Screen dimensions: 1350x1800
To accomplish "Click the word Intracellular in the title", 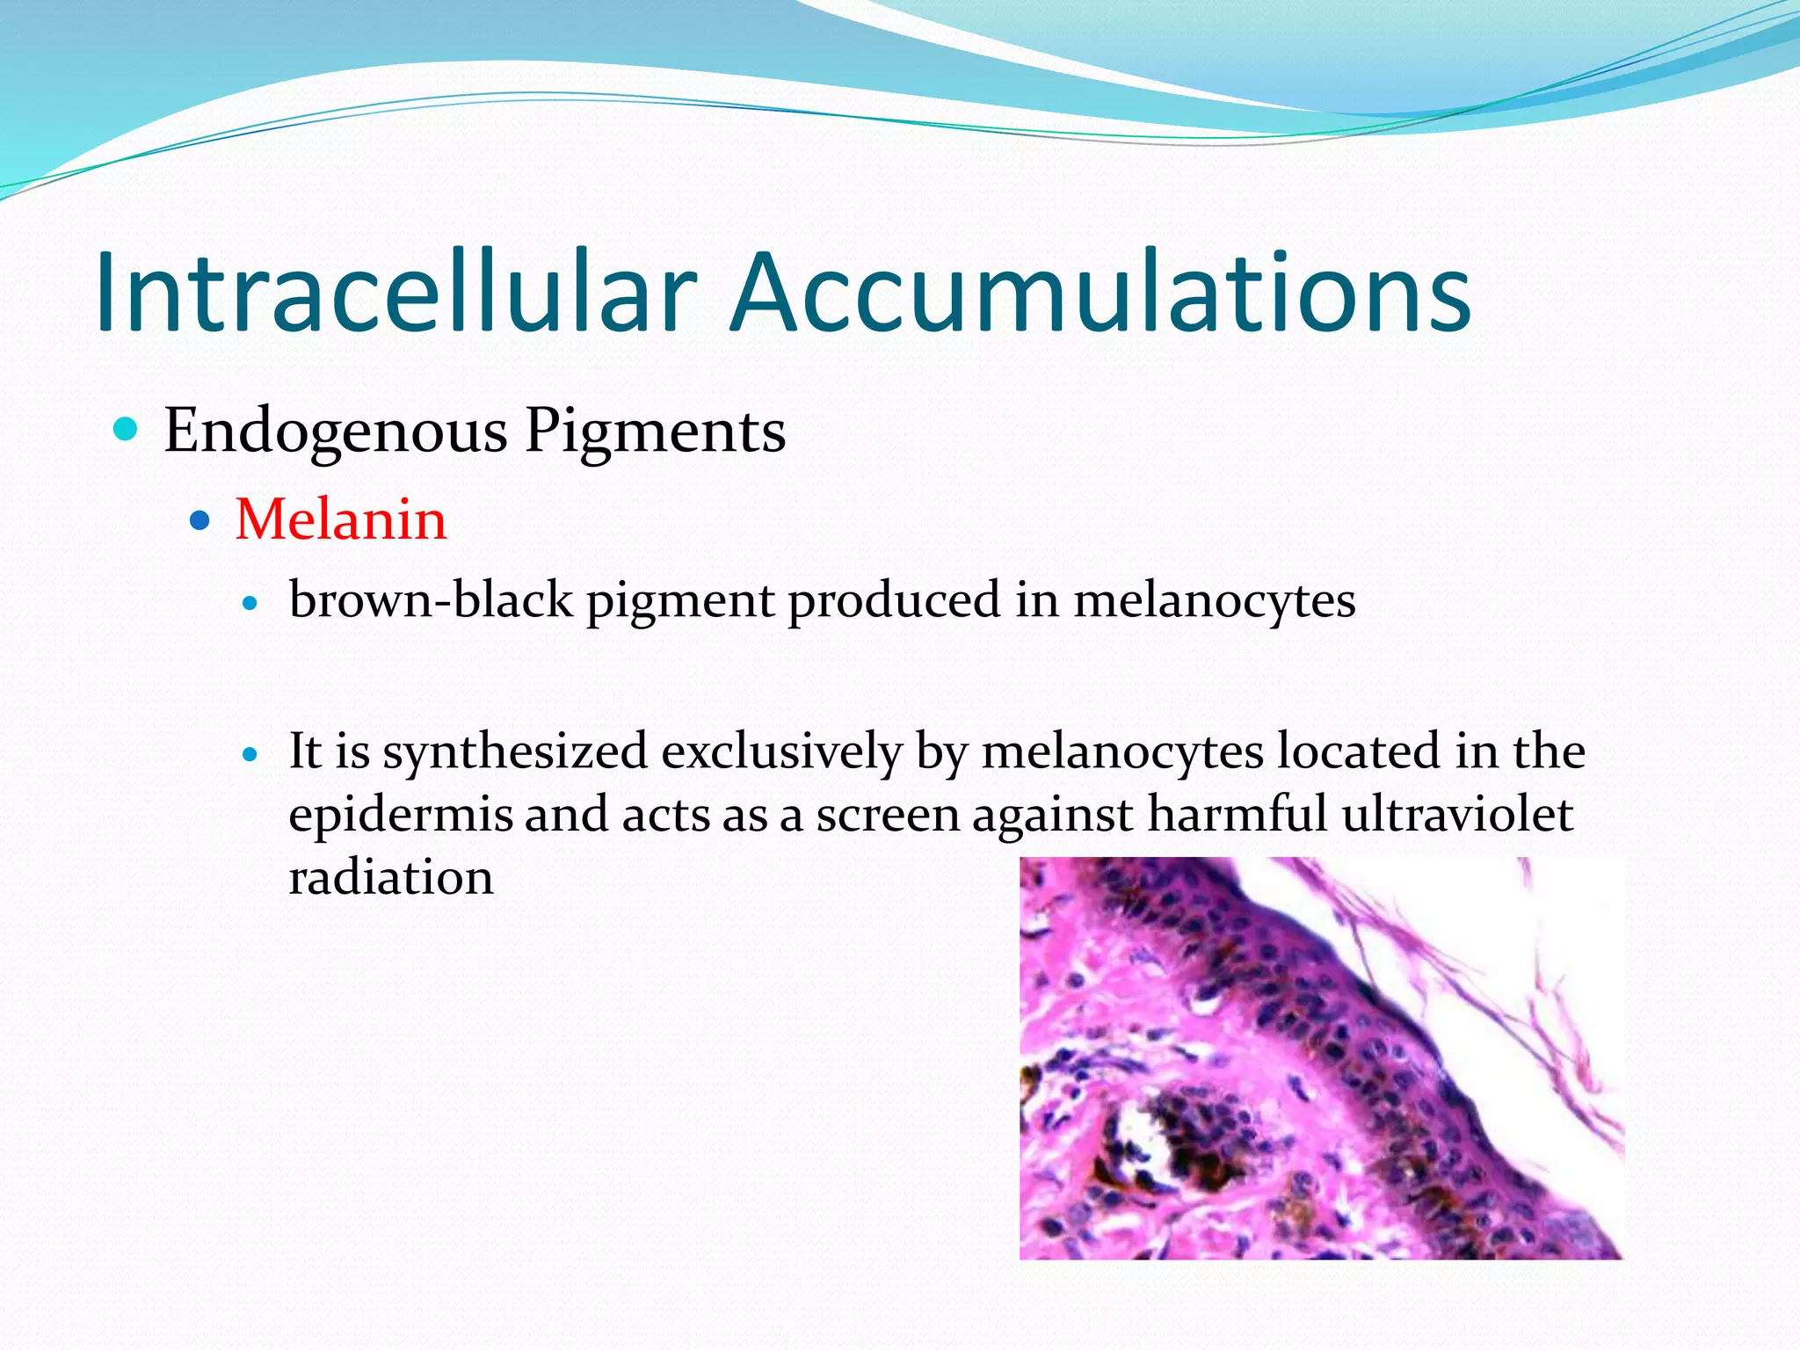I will (396, 293).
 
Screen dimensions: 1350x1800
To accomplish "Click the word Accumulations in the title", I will (1100, 293).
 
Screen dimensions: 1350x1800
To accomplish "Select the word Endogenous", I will (336, 432).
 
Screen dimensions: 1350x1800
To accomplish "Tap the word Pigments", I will (655, 432).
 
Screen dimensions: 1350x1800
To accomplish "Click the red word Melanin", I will (341, 519).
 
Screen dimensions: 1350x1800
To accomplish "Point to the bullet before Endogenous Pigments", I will (127, 430).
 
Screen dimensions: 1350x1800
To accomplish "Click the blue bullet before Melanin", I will (200, 520).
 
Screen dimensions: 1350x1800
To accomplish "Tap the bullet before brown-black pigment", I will (251, 604).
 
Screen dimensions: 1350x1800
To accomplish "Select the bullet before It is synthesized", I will (251, 754).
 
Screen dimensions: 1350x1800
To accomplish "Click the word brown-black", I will (431, 600).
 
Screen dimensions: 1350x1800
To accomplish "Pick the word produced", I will (894, 602).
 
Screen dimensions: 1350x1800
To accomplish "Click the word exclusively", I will (781, 752).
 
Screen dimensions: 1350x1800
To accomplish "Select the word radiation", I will (391, 877).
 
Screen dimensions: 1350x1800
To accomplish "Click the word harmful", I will (1237, 814).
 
